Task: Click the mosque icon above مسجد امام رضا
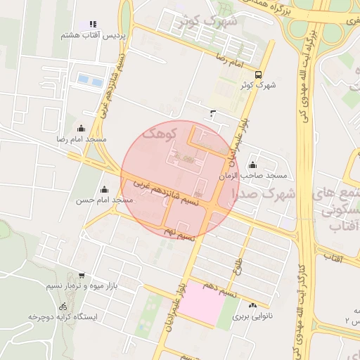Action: pyautogui.click(x=82, y=129)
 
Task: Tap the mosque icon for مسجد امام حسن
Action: pyautogui.click(x=105, y=189)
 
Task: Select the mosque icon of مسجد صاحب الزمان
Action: pyautogui.click(x=252, y=165)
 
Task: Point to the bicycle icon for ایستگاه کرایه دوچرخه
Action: pyautogui.click(x=63, y=307)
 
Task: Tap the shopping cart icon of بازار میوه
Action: pyautogui.click(x=82, y=276)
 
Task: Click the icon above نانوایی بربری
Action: pyautogui.click(x=252, y=305)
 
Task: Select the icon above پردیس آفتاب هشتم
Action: pyautogui.click(x=93, y=25)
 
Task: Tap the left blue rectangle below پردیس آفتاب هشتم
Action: pyautogui.click(x=85, y=80)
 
